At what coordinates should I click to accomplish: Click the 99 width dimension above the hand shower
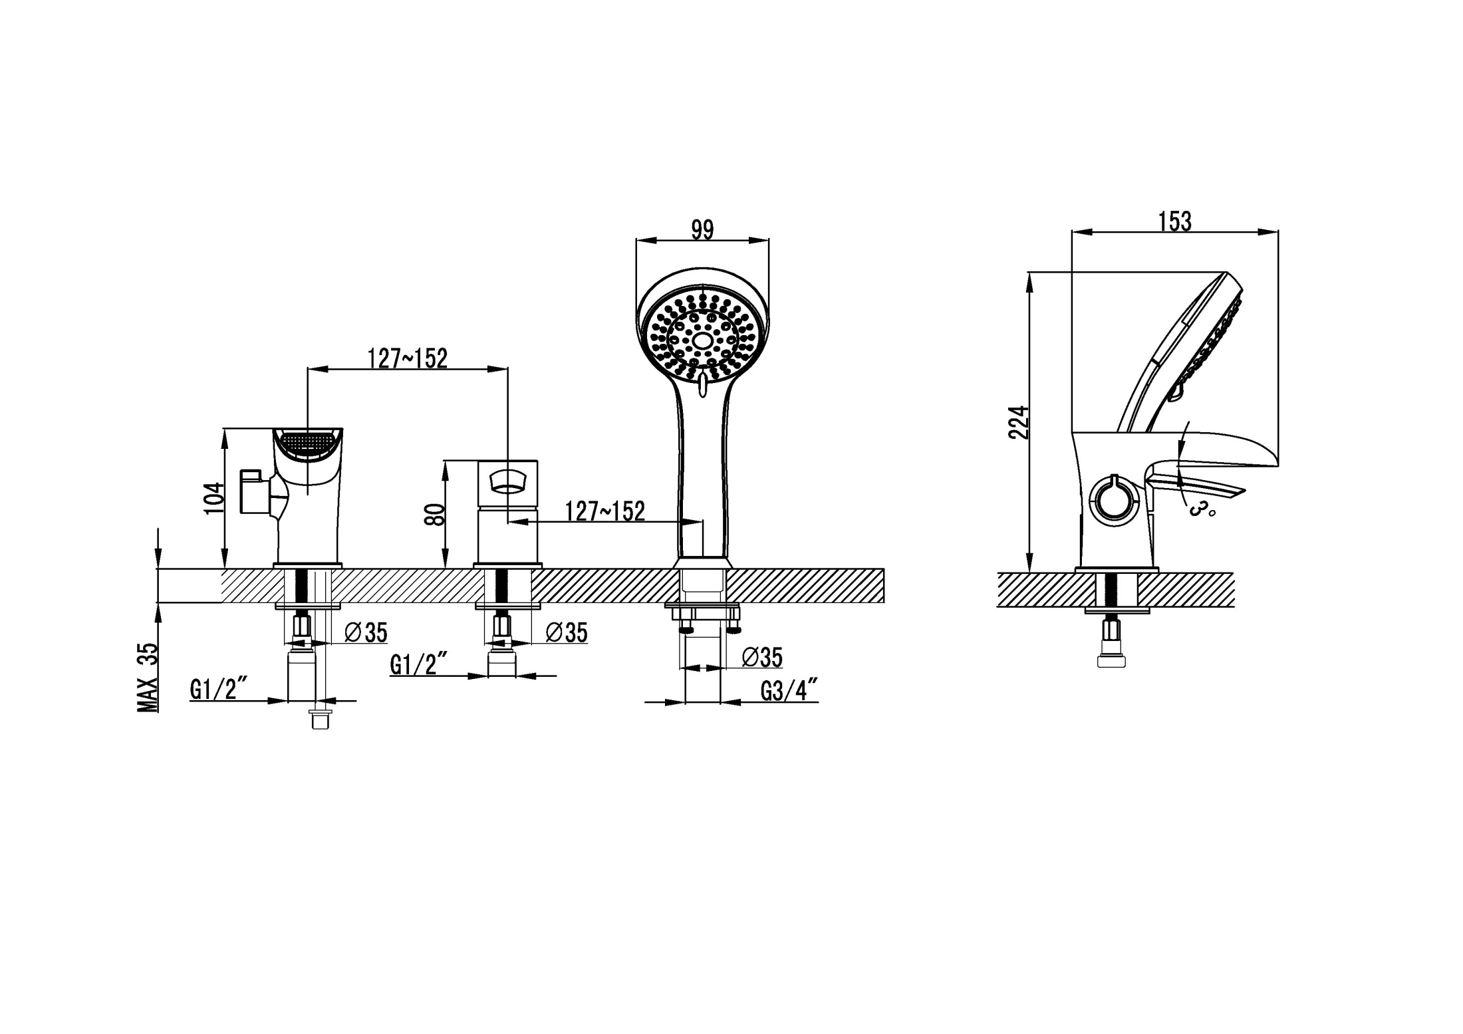click(702, 230)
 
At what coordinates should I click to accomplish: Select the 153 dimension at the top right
click(1175, 221)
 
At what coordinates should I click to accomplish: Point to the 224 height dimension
click(1019, 422)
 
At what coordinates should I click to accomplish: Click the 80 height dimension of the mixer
click(434, 514)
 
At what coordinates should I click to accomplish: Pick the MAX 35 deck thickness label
click(148, 678)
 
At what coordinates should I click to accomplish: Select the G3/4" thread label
click(789, 691)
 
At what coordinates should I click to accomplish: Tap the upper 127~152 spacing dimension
click(408, 358)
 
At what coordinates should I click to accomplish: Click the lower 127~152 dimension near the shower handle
click(604, 511)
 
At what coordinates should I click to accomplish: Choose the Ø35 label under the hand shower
click(762, 657)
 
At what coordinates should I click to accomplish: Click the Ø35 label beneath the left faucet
click(366, 632)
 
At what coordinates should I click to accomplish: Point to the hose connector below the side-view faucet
click(1111, 644)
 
